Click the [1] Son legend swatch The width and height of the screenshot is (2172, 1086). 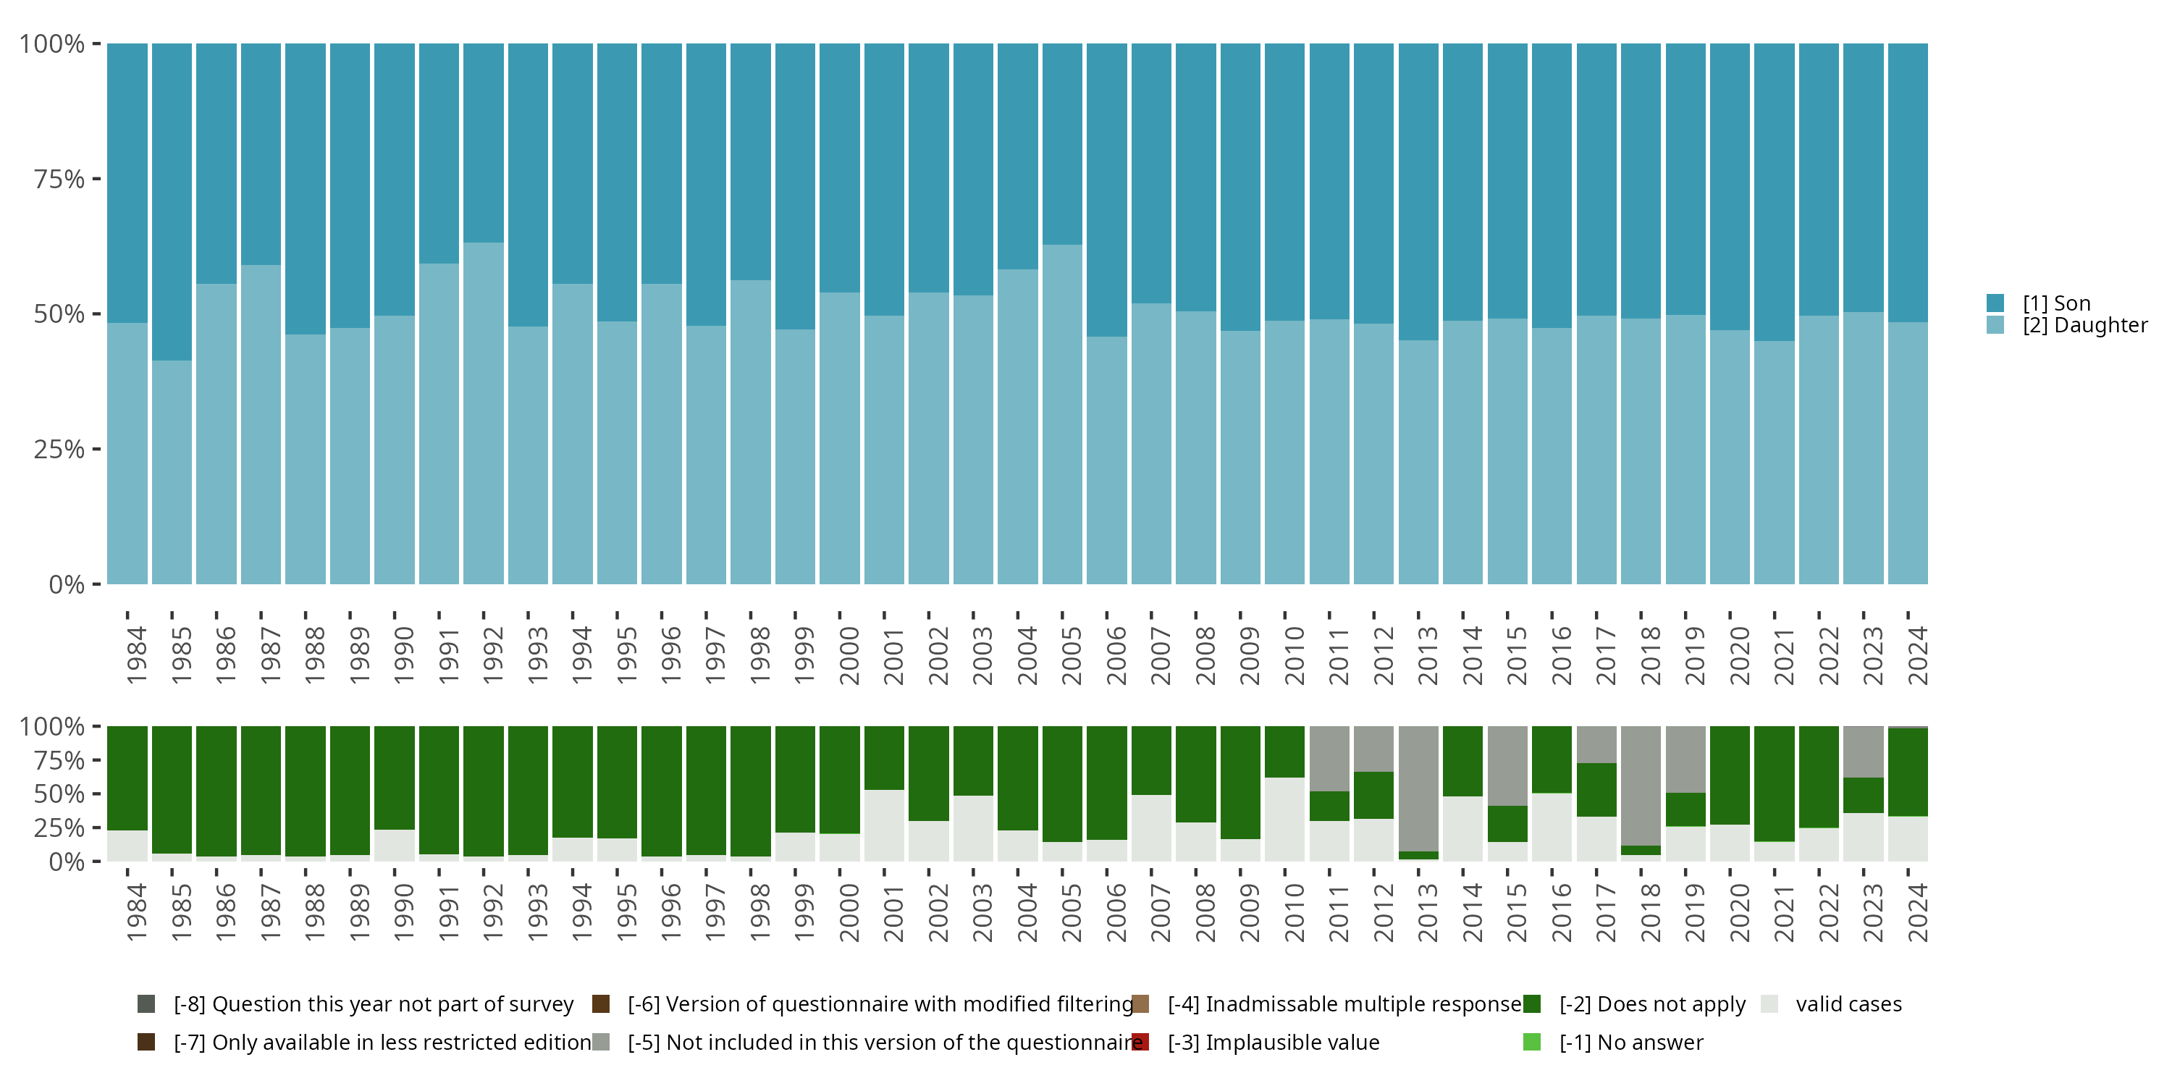pyautogui.click(x=1995, y=303)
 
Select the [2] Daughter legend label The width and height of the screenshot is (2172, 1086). pyautogui.click(x=2084, y=326)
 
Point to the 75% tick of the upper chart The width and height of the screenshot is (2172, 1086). pyautogui.click(x=59, y=179)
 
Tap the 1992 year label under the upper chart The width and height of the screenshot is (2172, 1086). pyautogui.click(x=492, y=655)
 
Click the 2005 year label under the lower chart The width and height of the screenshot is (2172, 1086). pyautogui.click(x=1071, y=912)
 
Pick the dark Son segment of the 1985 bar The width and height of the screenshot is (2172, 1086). pyautogui.click(x=172, y=203)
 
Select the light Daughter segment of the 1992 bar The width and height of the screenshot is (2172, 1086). pyautogui.click(x=484, y=413)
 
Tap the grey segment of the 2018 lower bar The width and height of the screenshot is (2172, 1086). pyautogui.click(x=1641, y=785)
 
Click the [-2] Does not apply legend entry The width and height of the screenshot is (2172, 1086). pyautogui.click(x=1651, y=1004)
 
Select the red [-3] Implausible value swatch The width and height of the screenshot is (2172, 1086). pyautogui.click(x=1140, y=1042)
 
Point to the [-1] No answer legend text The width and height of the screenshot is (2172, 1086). pyautogui.click(x=1630, y=1042)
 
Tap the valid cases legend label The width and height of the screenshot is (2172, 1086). pyautogui.click(x=1848, y=1004)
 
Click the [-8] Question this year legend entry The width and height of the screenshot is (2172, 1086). pyautogui.click(x=373, y=1004)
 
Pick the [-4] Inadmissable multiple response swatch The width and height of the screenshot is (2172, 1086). pyautogui.click(x=1140, y=1004)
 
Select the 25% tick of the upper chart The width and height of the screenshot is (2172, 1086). pyautogui.click(x=59, y=450)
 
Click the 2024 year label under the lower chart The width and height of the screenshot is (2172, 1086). pyautogui.click(x=1917, y=912)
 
